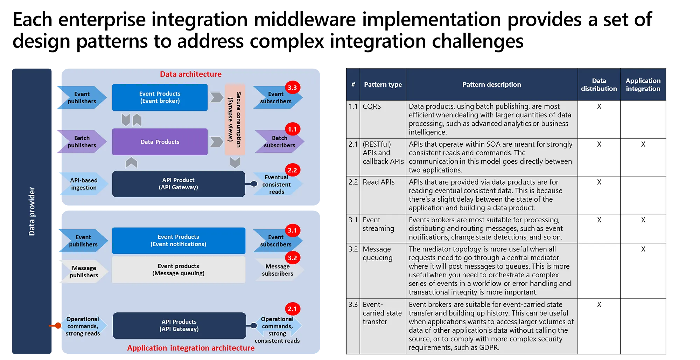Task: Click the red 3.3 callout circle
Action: tap(292, 88)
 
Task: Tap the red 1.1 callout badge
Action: tap(292, 129)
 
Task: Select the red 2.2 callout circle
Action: tap(292, 171)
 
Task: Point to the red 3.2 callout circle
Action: tap(292, 258)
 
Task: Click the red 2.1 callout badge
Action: tap(292, 309)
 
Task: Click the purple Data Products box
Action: tap(160, 142)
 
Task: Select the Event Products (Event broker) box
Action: tap(160, 97)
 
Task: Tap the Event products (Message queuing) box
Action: tap(178, 270)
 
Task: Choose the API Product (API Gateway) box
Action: tap(178, 184)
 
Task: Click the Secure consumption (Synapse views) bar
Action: tap(234, 119)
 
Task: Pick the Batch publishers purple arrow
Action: tap(82, 142)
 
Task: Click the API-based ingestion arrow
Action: tap(83, 184)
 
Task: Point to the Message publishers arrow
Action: tap(84, 272)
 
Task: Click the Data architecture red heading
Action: tap(191, 74)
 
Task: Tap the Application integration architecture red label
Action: tap(191, 348)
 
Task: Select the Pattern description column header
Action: tap(492, 84)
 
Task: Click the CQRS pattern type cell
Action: tap(372, 106)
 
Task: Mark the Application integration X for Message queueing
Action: tap(643, 249)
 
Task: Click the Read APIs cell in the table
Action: tap(379, 182)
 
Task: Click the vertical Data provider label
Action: tap(32, 211)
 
